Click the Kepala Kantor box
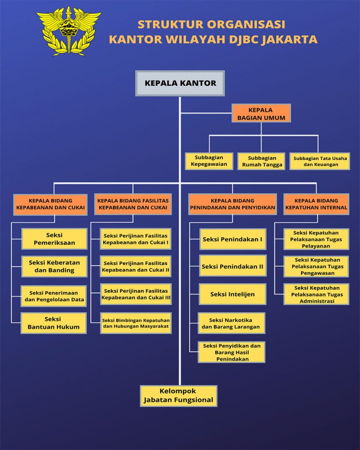click(180, 83)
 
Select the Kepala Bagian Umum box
click(261, 113)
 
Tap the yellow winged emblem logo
click(69, 31)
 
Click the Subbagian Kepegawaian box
click(209, 161)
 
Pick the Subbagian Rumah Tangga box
click(262, 161)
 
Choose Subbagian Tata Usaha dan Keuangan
click(320, 161)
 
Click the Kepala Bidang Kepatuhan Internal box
click(316, 204)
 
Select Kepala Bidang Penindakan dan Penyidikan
click(233, 204)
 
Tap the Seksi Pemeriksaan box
click(55, 239)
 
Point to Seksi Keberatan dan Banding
click(55, 266)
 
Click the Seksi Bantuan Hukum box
click(54, 323)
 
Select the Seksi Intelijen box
click(233, 294)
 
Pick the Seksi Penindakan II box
click(233, 266)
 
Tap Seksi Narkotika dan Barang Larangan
click(231, 323)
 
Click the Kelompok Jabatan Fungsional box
click(178, 396)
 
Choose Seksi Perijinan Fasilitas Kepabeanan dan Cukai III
click(136, 294)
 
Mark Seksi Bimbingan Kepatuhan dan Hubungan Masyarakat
click(136, 323)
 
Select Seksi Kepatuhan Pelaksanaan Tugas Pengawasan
click(316, 266)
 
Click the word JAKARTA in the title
click(289, 39)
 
